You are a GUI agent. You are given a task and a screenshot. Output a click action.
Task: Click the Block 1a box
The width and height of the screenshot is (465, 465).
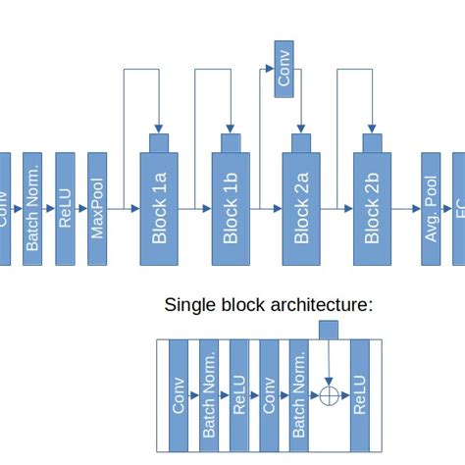[160, 208]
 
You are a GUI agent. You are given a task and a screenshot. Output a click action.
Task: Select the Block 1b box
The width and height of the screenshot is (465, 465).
[231, 208]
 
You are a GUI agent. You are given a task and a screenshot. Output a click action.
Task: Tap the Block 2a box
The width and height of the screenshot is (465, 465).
[301, 208]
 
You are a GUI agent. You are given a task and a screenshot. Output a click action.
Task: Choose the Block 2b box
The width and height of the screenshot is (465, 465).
[372, 208]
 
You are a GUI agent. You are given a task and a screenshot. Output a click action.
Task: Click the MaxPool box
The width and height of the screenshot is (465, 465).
[97, 208]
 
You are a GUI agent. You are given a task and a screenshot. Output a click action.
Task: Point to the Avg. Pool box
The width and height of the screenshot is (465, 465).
[430, 208]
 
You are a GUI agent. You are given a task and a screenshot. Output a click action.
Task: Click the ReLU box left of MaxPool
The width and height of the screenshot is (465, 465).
[66, 208]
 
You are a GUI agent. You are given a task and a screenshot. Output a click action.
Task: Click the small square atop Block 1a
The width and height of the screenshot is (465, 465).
[160, 142]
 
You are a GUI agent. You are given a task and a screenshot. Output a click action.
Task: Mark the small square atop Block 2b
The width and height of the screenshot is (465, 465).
[372, 142]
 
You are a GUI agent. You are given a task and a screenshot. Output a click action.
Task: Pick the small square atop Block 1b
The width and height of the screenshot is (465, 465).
[231, 142]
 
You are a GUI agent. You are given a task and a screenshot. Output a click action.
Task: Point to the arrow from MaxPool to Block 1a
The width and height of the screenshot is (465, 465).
[124, 209]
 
